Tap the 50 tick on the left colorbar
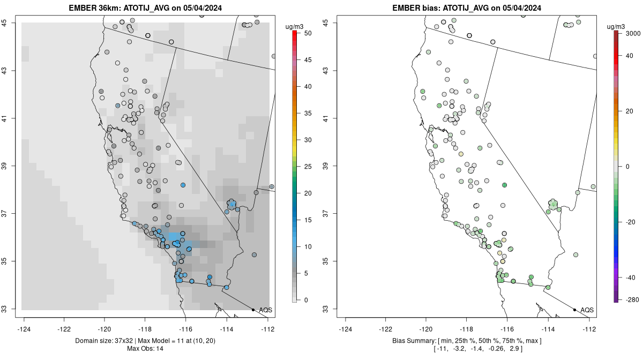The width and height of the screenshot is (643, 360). [x=304, y=33]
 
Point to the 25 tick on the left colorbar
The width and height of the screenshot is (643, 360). [x=304, y=167]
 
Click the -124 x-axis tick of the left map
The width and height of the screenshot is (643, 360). [x=24, y=329]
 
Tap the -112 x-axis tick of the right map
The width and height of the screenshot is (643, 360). [x=589, y=329]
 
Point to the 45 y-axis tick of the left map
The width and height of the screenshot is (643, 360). [x=10, y=22]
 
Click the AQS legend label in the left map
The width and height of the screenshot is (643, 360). [x=265, y=310]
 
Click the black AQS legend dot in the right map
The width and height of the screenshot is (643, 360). [x=574, y=310]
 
